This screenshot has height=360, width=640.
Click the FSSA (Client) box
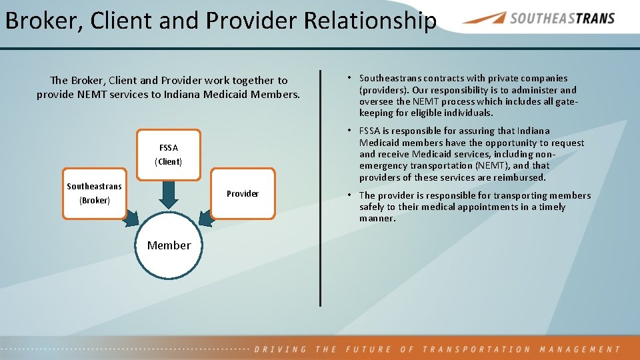pos(169,155)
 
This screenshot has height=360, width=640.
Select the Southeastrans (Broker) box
pos(94,193)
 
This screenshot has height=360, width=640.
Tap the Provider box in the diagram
pos(243,193)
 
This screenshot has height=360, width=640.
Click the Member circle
pos(169,245)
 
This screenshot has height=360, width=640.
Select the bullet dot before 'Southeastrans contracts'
pos(350,78)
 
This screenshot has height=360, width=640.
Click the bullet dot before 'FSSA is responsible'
pos(350,131)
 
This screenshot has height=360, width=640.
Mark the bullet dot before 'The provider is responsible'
pos(350,195)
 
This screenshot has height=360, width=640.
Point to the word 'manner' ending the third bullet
pos(377,219)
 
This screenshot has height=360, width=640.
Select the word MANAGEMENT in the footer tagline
pos(579,349)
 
